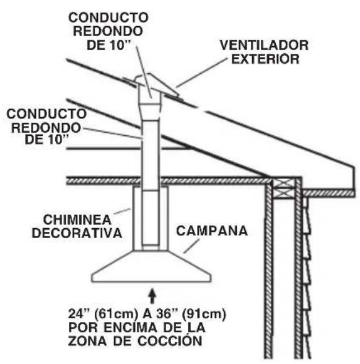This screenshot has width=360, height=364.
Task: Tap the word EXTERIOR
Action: [x=271, y=60]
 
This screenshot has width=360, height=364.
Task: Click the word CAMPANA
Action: [x=212, y=231]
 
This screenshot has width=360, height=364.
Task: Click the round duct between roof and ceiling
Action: [x=151, y=143]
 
